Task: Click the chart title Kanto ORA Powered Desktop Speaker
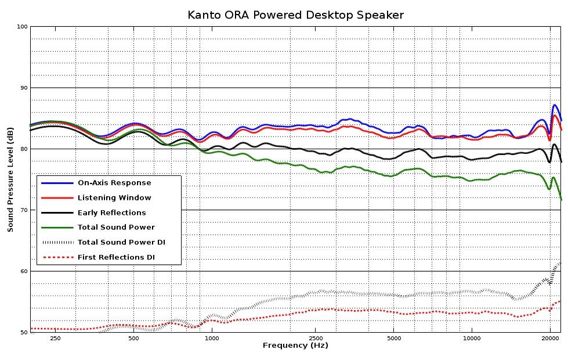click(x=295, y=15)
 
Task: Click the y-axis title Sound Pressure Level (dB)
click(x=10, y=179)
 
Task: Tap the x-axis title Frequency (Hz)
click(x=295, y=345)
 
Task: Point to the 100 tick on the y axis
click(x=23, y=27)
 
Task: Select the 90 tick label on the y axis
click(x=24, y=88)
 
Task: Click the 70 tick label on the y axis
click(x=24, y=210)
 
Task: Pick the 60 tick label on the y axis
click(x=24, y=271)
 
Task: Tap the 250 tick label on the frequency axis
click(x=55, y=339)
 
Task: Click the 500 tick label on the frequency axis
click(x=133, y=339)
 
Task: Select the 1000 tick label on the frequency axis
click(x=212, y=339)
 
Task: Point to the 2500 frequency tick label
click(x=316, y=339)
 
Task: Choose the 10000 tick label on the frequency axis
click(x=472, y=339)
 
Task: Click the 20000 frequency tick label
click(x=550, y=339)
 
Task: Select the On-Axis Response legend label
click(x=114, y=183)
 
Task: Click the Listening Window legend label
click(x=114, y=197)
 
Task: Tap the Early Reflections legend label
click(x=111, y=213)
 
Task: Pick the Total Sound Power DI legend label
click(x=121, y=242)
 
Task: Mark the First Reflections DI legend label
click(x=116, y=257)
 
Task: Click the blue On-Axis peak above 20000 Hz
click(x=554, y=105)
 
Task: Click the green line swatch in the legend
click(x=57, y=228)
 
